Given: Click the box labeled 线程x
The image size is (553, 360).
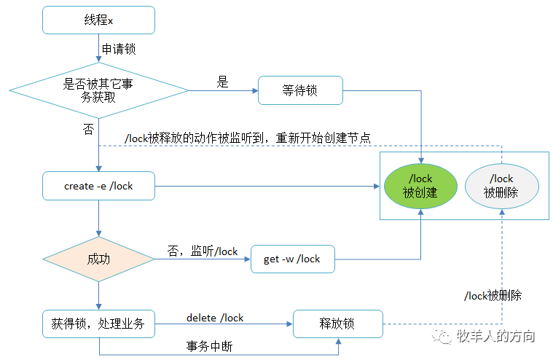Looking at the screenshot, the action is coord(99,20).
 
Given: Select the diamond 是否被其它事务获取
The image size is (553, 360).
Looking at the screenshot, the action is coord(99,90).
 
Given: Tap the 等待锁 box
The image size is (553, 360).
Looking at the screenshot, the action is coord(300,90).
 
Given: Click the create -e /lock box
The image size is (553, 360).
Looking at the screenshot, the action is coord(99,186).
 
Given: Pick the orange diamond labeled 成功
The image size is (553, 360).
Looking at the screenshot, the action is coord(99,259).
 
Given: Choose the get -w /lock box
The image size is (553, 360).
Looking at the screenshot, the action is coord(293,259).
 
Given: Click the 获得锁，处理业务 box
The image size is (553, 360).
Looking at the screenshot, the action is coord(99,324).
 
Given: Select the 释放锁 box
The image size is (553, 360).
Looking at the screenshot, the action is coord(338,324).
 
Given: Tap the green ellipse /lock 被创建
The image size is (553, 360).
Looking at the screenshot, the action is coord(420,186).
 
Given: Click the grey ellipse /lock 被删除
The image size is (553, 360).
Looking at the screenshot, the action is coord(502,186).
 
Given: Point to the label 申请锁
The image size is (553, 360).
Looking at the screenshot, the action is coord(119,49).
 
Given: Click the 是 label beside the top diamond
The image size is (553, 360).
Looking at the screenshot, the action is coord(222,82).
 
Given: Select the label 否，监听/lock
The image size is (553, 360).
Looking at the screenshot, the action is coord(203,251).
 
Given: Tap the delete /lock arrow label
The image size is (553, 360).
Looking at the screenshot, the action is coord(215,318).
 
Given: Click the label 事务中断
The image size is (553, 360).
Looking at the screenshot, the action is coord(210,346).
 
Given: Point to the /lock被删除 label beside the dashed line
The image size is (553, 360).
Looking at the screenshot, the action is coord(493,295).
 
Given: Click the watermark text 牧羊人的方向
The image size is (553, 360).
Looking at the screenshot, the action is coord(495,336).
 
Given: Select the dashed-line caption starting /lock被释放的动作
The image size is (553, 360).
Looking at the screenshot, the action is coord(248,138).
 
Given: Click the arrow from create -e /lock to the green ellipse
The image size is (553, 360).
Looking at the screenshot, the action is coord(267,186).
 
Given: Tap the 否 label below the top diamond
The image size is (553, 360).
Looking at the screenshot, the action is coord(88,129).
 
